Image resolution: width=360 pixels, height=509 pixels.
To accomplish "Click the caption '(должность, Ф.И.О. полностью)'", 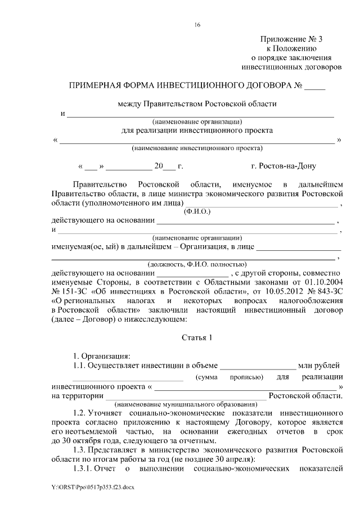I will click(x=196, y=263).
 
